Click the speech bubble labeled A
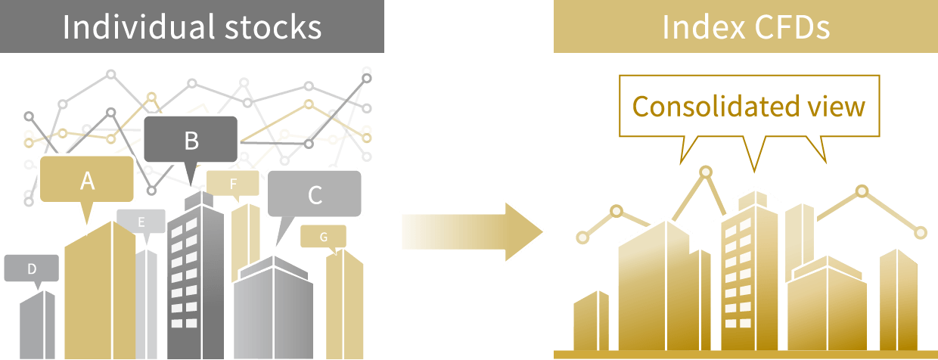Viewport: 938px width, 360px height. tap(87, 179)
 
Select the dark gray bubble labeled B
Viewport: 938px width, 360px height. tap(191, 139)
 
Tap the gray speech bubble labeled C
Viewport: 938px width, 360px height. tap(314, 194)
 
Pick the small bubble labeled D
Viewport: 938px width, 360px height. tap(32, 268)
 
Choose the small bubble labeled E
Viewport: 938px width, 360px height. tap(141, 222)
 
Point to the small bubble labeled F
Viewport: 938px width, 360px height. tap(233, 183)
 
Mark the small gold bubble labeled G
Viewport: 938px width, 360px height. tap(323, 237)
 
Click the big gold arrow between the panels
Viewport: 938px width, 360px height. tap(472, 232)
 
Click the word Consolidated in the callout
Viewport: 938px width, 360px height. tap(715, 106)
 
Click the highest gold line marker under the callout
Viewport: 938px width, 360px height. tap(706, 172)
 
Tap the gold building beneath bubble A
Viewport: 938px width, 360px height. tap(100, 290)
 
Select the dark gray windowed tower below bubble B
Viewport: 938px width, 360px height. tap(196, 275)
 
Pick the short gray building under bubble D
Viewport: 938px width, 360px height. tap(37, 325)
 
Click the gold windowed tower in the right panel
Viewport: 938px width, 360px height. tap(750, 272)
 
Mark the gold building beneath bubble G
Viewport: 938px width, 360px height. tap(345, 304)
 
